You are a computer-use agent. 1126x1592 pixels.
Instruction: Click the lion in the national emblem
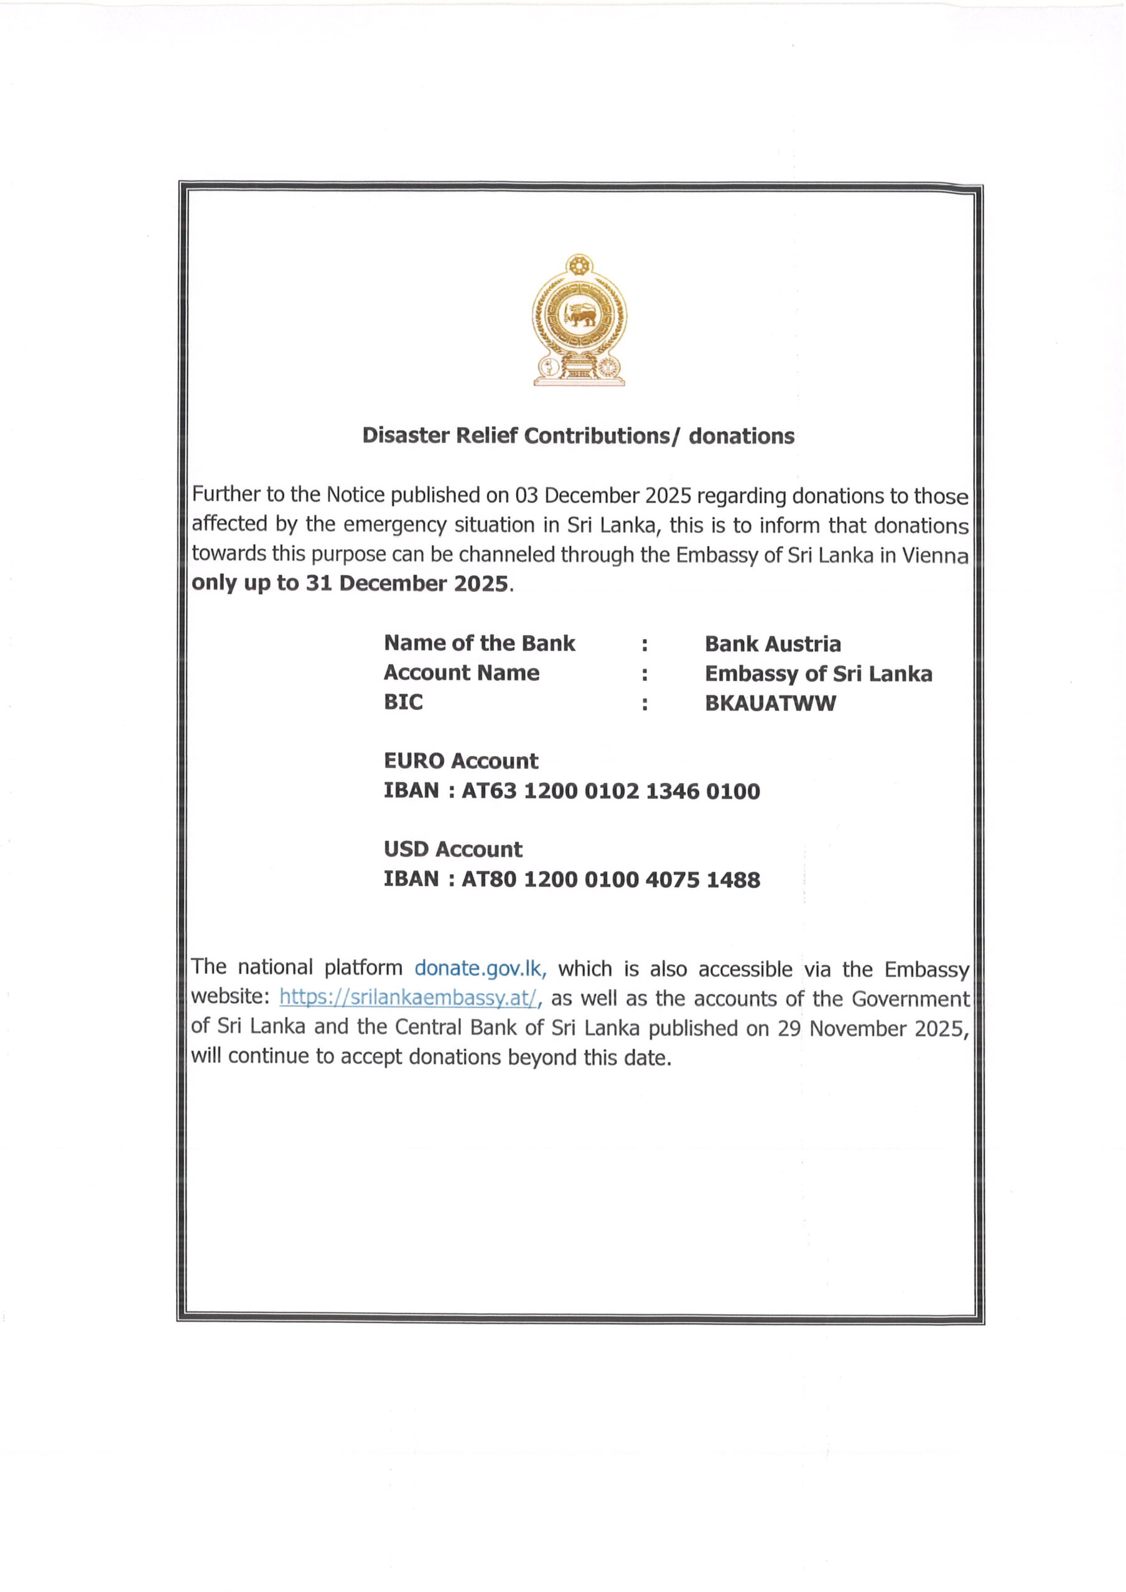(x=579, y=316)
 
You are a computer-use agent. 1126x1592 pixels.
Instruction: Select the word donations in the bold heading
(x=741, y=436)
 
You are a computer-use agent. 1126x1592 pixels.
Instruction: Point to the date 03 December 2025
(x=603, y=496)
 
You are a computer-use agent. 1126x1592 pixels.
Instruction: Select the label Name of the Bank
(x=480, y=644)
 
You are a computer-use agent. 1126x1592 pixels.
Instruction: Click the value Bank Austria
(x=772, y=644)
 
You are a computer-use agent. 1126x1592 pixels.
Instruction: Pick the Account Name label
(x=462, y=673)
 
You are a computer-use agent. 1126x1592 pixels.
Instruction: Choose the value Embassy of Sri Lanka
(x=818, y=674)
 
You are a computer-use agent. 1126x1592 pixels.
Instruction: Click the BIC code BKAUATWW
(x=770, y=703)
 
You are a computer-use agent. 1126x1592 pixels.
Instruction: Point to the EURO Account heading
(x=461, y=761)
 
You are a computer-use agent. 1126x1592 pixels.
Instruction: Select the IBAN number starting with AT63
(x=610, y=791)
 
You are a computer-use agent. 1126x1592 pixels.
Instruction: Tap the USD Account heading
(x=453, y=849)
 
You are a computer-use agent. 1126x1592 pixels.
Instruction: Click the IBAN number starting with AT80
(x=610, y=880)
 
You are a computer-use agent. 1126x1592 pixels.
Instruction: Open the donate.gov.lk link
(x=481, y=969)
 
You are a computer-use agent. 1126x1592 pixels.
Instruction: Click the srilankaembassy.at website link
(x=409, y=997)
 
